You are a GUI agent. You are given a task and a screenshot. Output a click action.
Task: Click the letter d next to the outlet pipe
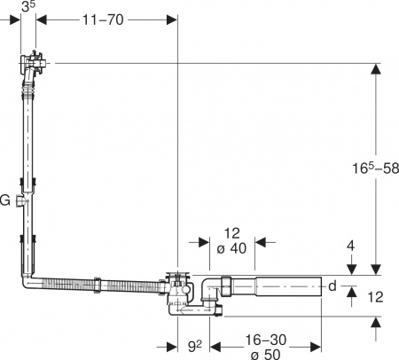click(332, 286)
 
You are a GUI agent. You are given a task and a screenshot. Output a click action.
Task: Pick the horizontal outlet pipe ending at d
click(284, 286)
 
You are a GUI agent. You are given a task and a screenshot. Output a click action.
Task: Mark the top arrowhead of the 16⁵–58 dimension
click(376, 67)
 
